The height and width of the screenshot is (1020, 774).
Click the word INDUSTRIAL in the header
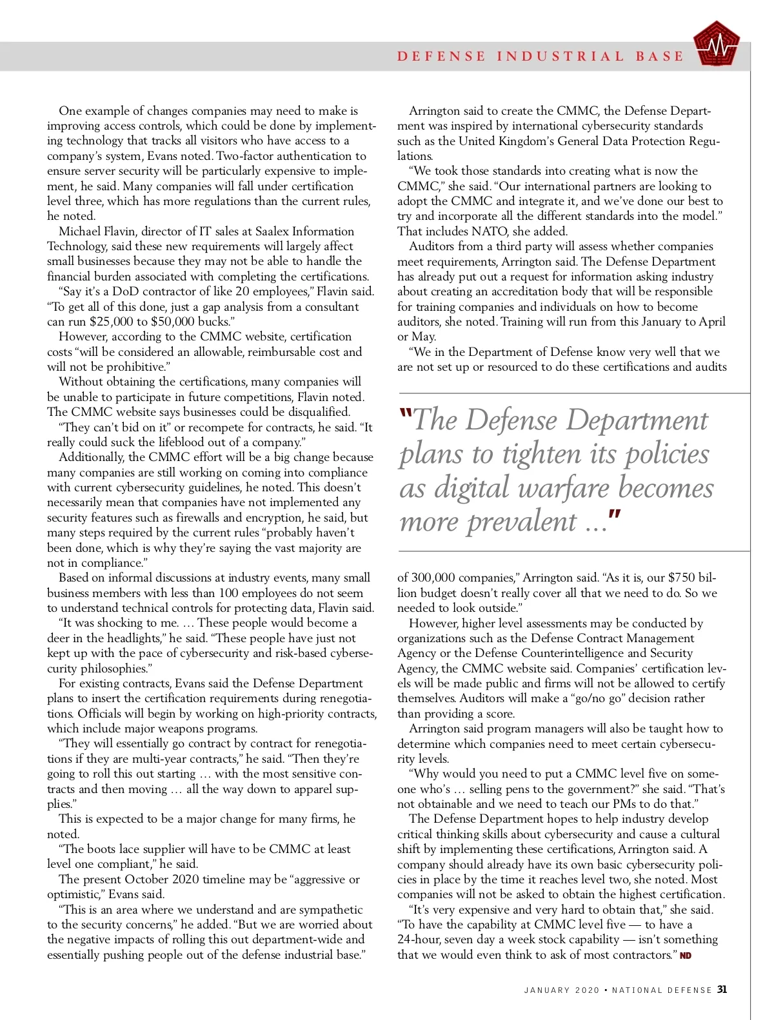tap(561, 56)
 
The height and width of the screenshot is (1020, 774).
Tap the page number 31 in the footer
tap(722, 990)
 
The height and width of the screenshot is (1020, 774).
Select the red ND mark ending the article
tap(685, 956)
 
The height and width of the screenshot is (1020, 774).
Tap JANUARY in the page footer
tap(547, 990)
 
